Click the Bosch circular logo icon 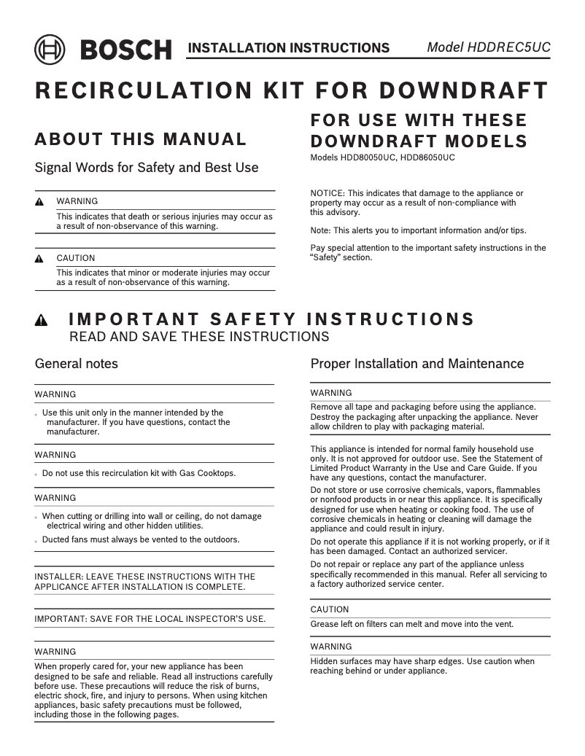point(50,50)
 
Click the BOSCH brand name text point(125,50)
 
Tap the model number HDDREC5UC point(515,47)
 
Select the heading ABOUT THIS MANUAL point(141,139)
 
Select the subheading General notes point(77,363)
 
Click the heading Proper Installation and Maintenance point(417,363)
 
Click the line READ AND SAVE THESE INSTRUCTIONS point(198,337)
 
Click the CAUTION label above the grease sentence point(330,609)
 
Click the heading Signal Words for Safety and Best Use point(147,168)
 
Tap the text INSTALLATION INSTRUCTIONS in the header point(288,48)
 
